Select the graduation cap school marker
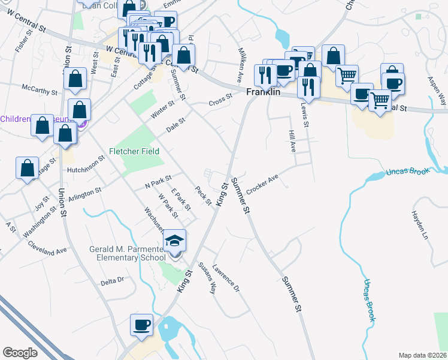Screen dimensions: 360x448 pos(175,241)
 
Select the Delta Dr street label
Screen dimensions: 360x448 pos(112,280)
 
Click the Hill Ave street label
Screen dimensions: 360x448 pos(293,142)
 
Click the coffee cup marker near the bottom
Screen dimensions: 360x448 pos(141,325)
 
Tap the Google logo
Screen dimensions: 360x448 pos(20,353)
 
